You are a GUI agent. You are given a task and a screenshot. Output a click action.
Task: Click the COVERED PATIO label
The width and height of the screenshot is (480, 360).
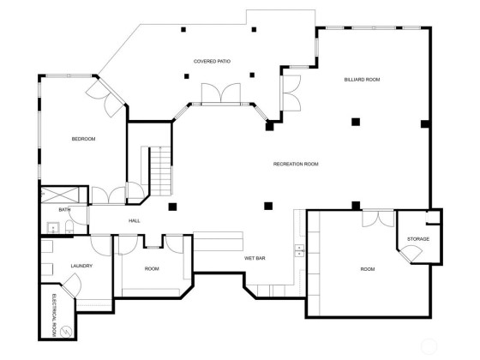coord(212,61)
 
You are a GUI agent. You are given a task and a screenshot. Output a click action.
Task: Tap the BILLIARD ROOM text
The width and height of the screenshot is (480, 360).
coord(362,80)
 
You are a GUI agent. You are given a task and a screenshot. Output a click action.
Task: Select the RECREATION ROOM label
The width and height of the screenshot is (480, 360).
coord(296,164)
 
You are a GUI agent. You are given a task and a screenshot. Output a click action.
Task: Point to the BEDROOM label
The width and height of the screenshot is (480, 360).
coord(83,139)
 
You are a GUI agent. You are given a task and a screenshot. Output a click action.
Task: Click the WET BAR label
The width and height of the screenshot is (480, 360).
coord(255,258)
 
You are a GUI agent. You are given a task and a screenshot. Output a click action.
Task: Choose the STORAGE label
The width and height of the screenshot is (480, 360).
coord(418,239)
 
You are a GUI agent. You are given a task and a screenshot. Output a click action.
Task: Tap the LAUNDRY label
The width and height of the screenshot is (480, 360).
coord(81,266)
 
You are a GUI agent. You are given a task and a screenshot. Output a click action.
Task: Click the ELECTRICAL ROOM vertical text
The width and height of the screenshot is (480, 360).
coord(54,315)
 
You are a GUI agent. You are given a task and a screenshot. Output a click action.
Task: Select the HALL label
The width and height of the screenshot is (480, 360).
coord(134,221)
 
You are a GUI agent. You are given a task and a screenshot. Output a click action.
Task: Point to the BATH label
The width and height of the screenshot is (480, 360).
coord(64,210)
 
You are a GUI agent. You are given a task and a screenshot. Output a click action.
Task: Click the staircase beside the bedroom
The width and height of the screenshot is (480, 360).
coord(160,171)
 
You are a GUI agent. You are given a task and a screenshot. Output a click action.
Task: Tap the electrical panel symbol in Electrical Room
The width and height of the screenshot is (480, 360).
coord(66,332)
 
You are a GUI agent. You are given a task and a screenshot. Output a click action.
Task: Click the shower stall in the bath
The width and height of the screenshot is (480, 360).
coord(60,195)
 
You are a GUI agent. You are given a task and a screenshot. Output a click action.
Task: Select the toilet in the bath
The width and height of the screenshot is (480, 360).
coord(69,228)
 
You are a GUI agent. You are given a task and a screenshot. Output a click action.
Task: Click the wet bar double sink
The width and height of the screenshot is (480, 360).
coord(299,250)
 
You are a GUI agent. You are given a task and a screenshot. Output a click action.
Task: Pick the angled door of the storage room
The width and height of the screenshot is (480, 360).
coord(411,254)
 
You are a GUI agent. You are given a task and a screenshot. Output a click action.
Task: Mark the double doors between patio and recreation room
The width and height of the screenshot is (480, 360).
coord(221,93)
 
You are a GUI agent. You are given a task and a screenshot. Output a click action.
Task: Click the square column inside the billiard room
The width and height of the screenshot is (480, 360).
coord(356,122)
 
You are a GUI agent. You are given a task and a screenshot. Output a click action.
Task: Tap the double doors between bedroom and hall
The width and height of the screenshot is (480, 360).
coord(109,195)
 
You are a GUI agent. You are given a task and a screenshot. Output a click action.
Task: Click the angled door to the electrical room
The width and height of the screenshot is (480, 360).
coord(71,285)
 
